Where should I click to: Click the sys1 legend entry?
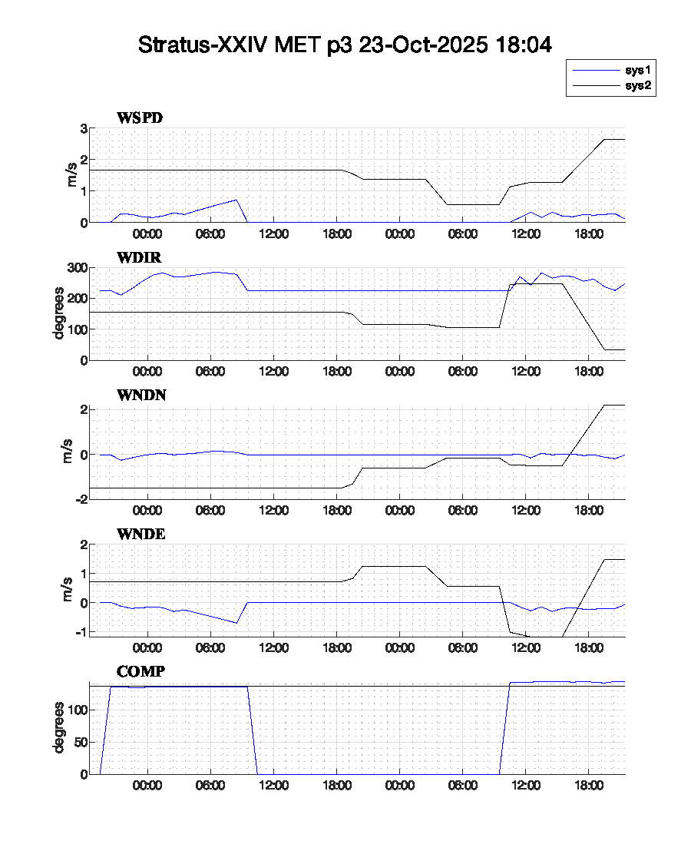[638, 71]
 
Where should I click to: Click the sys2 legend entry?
[638, 86]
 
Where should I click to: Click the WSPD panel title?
[140, 118]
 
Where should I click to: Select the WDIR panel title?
[139, 257]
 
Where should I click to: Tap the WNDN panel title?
[141, 396]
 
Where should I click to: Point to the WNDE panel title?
[141, 534]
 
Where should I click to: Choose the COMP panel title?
[141, 672]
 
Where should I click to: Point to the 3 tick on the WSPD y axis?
[83, 128]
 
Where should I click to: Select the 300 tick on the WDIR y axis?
[76, 268]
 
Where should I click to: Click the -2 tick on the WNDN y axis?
[81, 498]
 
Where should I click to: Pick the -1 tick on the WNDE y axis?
[81, 632]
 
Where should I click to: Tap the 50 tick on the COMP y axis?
[78, 742]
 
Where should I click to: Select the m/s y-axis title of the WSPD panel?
[72, 175]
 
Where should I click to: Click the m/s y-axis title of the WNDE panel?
[68, 590]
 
